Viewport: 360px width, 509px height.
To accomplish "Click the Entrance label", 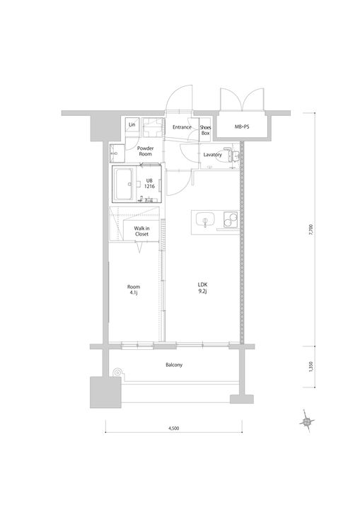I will click(x=182, y=127).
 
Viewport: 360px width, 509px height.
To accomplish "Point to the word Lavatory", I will click(x=212, y=154).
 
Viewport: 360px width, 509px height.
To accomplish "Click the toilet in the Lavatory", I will click(x=230, y=154).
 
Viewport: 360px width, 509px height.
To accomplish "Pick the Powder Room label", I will click(x=146, y=151).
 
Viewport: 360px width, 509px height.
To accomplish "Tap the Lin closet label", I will click(x=132, y=125).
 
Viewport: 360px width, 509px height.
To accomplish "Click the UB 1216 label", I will click(x=149, y=183).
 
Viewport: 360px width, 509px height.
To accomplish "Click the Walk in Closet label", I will click(x=141, y=231).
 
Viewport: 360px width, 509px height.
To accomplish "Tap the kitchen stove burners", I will click(x=228, y=221).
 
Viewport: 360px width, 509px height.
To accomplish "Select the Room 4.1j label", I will click(x=134, y=289).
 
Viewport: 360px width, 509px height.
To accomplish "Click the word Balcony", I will click(x=174, y=365).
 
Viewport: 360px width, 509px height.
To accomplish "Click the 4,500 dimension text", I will click(x=173, y=428).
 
